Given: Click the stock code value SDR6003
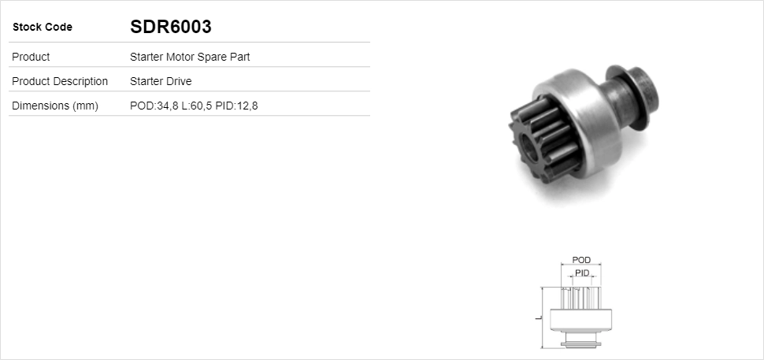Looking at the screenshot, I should click(170, 27).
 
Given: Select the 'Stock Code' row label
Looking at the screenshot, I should click(43, 28).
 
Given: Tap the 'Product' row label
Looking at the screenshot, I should click(32, 57).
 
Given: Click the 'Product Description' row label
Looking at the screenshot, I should click(61, 81).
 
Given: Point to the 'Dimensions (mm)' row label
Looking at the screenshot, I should click(55, 106).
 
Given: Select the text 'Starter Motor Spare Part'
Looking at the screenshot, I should click(190, 57).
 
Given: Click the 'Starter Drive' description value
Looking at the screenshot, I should click(161, 81).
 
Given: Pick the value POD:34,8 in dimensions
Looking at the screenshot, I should click(154, 106).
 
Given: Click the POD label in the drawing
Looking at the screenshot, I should click(581, 260).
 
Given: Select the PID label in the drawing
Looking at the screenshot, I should click(582, 273).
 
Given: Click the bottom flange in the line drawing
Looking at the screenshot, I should click(580, 342).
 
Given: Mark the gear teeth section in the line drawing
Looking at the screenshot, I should click(581, 298).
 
